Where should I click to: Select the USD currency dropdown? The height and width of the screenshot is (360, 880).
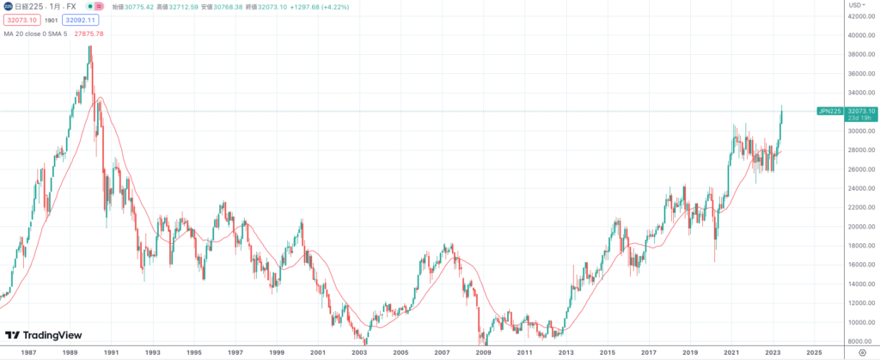point(856,5)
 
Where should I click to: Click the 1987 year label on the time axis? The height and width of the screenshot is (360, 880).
point(28,352)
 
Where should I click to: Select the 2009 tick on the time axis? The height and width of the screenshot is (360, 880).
point(483,352)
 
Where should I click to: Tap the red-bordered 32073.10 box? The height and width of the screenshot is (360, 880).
point(21,19)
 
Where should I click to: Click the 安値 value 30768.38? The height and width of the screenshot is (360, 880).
point(229,6)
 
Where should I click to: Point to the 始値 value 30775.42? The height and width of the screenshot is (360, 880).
point(139,6)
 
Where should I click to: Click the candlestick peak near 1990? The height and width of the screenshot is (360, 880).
point(90,48)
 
